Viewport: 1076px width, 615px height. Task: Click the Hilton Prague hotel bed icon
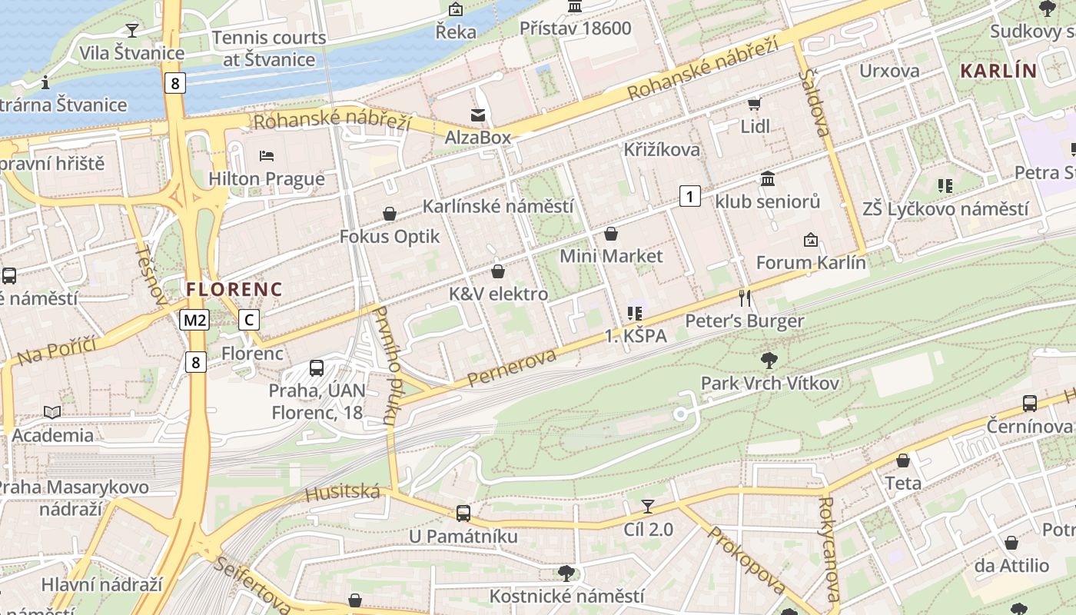coord(267,156)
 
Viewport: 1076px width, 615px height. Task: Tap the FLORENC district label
coord(234,290)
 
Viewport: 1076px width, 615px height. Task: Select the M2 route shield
coord(194,320)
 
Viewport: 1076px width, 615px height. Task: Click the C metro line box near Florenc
coord(248,320)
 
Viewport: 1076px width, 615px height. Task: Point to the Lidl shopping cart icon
coord(754,104)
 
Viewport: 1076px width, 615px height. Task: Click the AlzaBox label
coord(478,137)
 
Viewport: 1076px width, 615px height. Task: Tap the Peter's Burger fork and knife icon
coord(744,298)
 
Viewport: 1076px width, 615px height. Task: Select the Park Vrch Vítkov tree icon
coord(768,360)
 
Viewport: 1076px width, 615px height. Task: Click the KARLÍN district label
coord(998,71)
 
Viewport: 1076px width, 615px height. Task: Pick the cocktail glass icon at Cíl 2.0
coord(648,506)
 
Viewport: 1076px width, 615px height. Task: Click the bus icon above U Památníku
coord(463,513)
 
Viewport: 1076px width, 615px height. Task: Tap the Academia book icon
coord(52,413)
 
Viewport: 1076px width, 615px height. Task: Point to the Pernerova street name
coord(511,368)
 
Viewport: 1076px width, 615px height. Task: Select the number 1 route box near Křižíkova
coord(690,196)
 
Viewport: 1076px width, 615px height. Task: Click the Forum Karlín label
coord(811,262)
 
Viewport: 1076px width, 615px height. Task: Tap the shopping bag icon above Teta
coord(903,460)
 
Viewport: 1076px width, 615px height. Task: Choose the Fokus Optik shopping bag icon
coord(390,214)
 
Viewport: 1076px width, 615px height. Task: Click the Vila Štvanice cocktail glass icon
coord(132,30)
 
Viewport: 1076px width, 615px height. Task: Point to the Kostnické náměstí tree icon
coord(566,573)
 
